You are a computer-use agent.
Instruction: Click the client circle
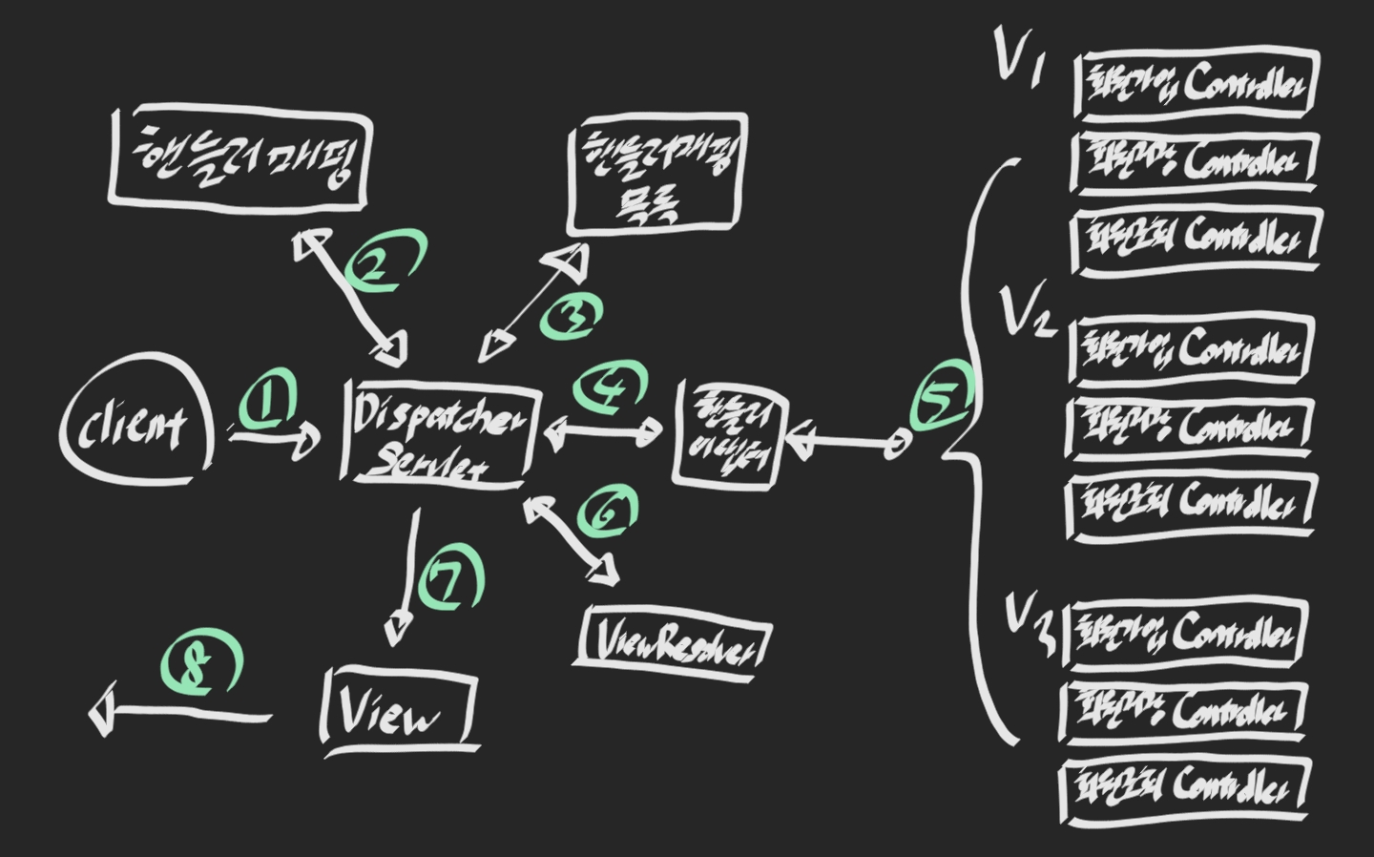[137, 427]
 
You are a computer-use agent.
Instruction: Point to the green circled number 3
[571, 316]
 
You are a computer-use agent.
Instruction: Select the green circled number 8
[201, 665]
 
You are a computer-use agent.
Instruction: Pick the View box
[399, 710]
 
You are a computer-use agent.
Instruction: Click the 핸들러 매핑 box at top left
[239, 157]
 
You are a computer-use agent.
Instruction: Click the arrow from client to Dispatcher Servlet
[276, 440]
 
